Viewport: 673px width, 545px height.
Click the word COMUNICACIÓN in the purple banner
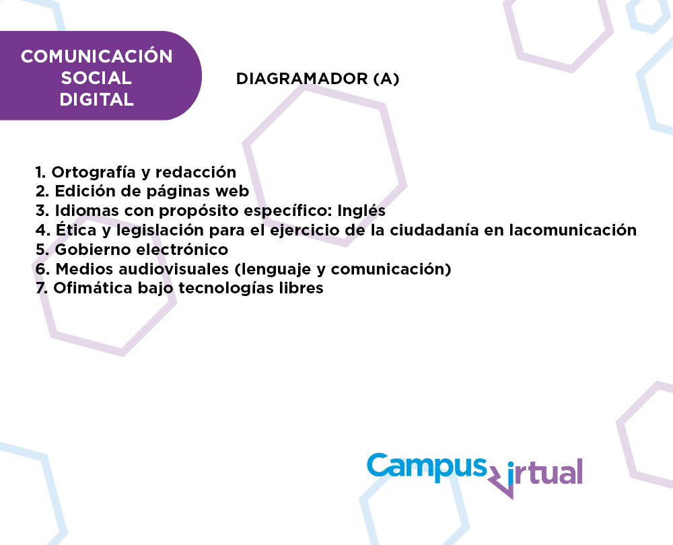point(96,56)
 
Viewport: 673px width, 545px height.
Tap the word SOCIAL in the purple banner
point(96,78)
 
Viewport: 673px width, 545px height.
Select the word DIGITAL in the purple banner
point(96,100)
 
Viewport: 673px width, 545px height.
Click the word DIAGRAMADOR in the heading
point(302,79)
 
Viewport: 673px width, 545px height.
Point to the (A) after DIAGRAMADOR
point(386,79)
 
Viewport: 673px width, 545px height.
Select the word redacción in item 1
point(196,172)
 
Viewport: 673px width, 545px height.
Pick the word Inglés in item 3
point(361,211)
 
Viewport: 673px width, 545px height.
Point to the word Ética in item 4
point(76,229)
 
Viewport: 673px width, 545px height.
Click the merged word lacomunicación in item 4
point(573,230)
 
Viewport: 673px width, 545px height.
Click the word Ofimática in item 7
point(93,288)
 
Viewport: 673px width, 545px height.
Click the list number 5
point(41,250)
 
